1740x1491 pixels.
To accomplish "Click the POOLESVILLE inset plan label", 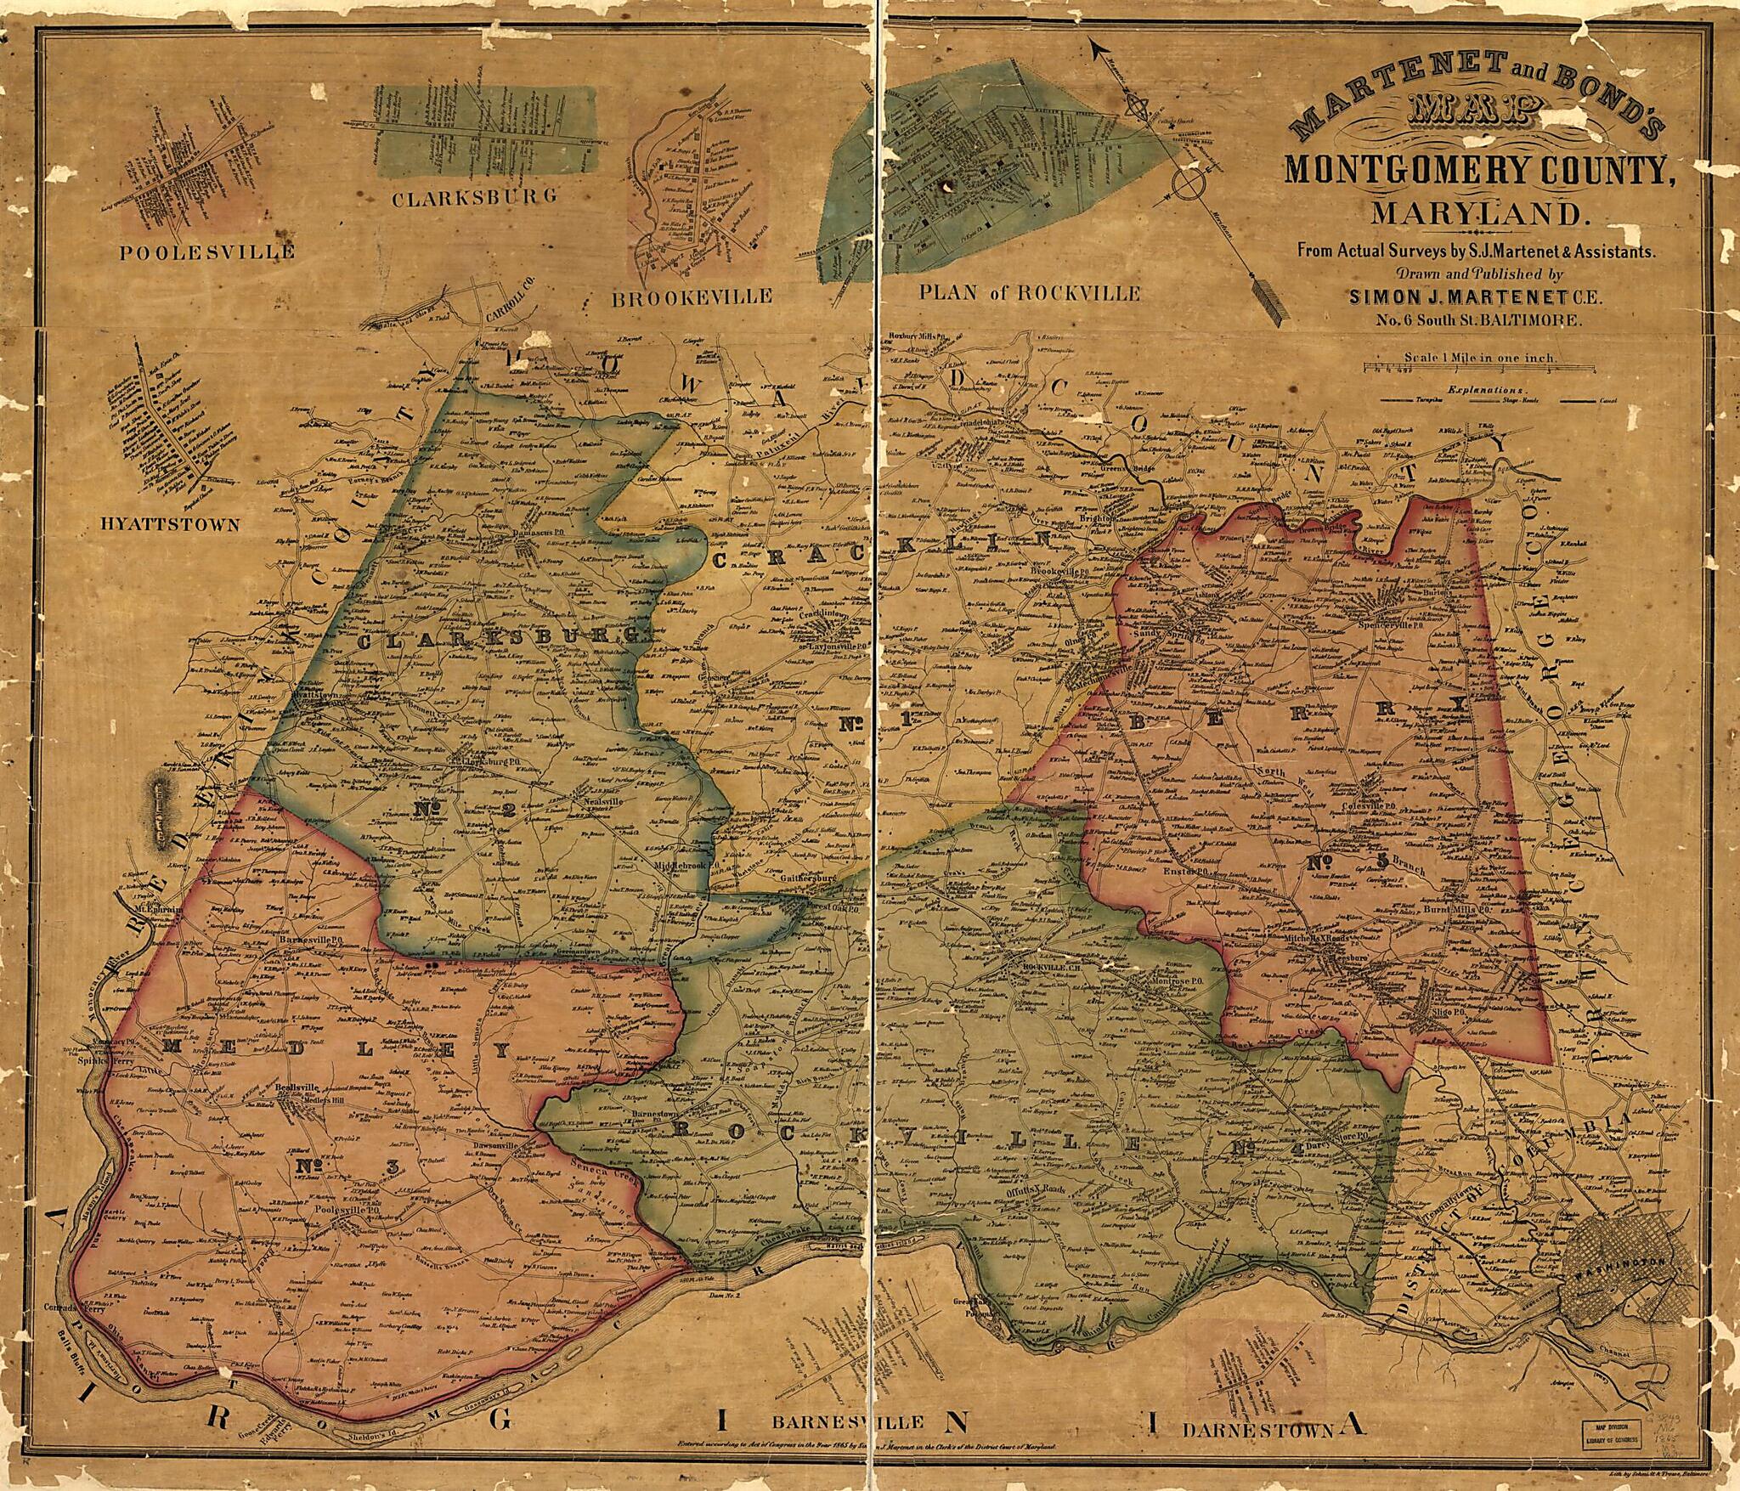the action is click(x=206, y=252).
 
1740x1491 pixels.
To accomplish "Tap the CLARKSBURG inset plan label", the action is click(x=474, y=197).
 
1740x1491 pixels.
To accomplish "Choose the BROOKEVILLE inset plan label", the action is click(x=691, y=297).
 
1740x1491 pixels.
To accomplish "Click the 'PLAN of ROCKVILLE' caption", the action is click(x=1029, y=293).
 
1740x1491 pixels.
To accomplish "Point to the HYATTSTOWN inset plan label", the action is click(x=170, y=524).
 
